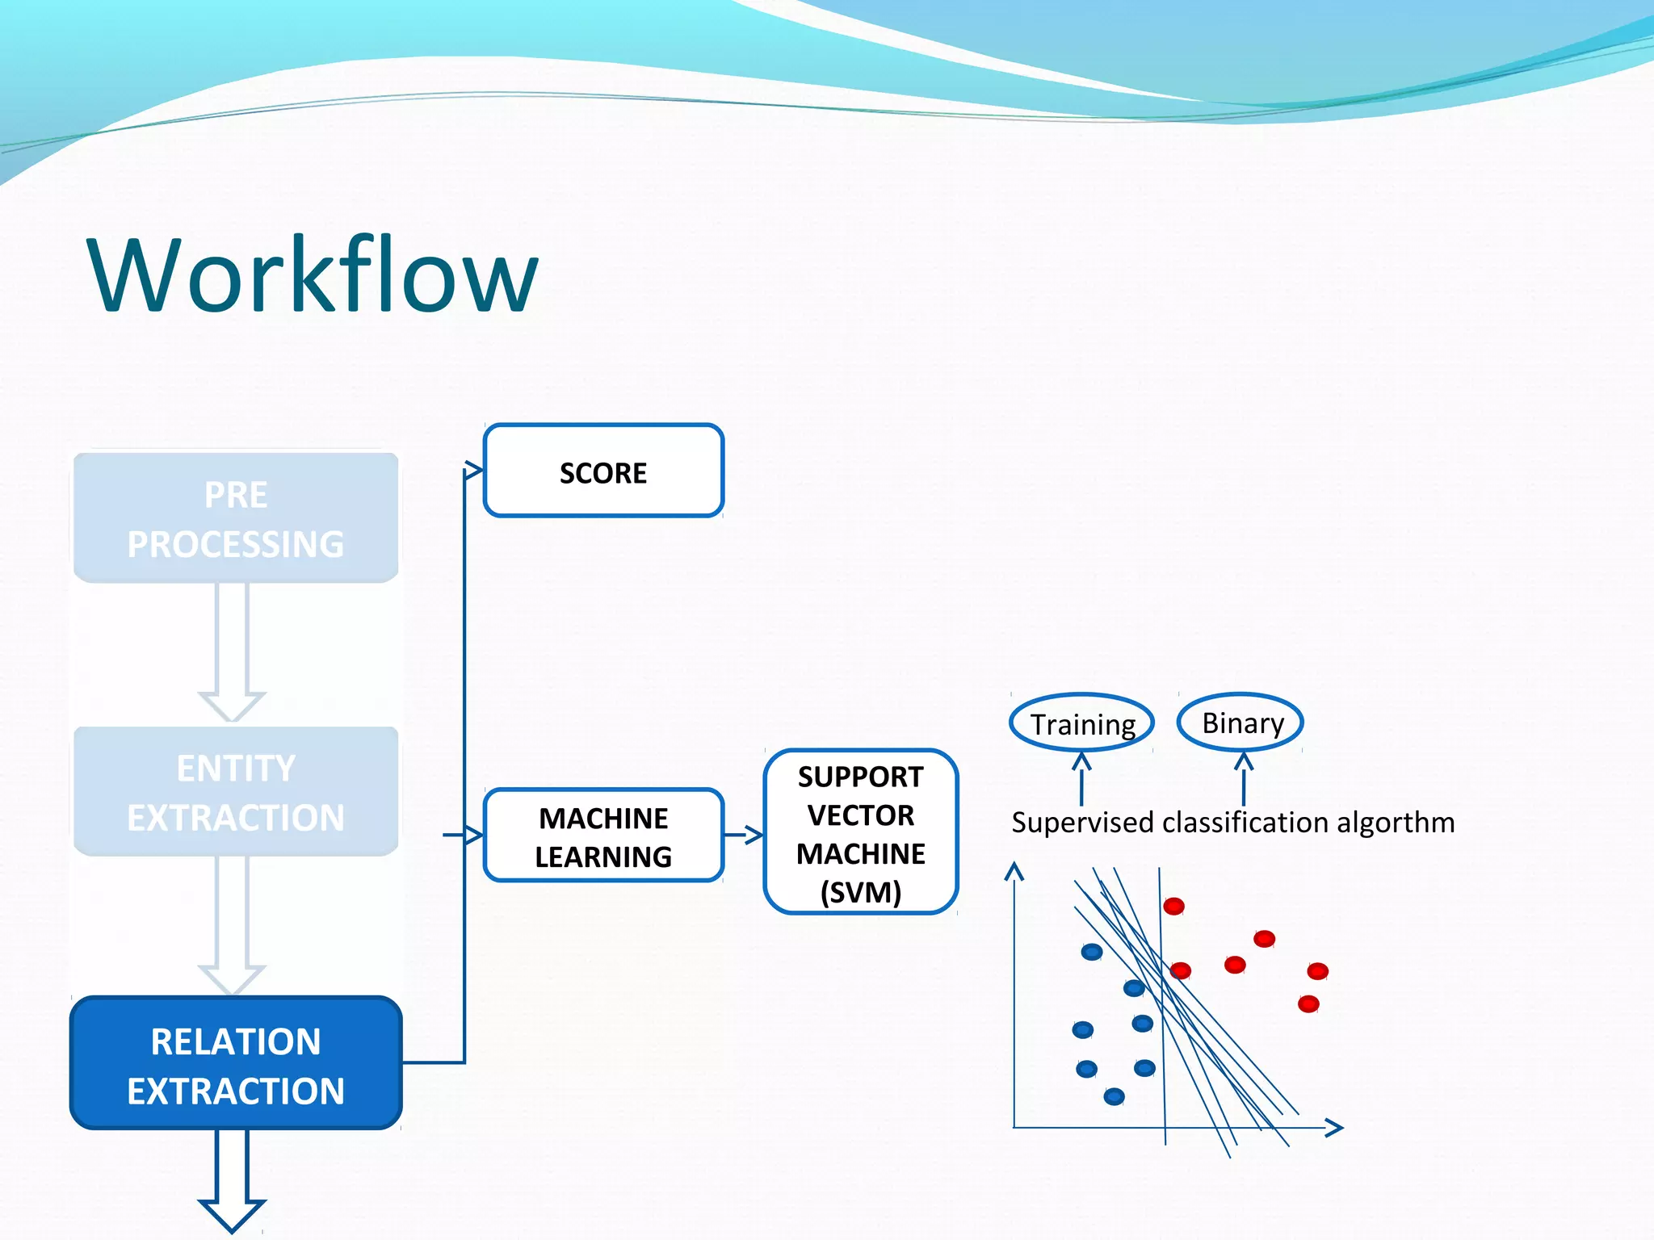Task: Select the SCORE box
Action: point(603,471)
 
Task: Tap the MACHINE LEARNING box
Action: point(603,836)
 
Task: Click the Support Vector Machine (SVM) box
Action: point(860,832)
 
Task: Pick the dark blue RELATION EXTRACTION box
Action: point(236,1063)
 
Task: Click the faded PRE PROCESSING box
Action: point(236,518)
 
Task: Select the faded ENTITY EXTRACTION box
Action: point(236,791)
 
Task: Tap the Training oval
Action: point(1082,723)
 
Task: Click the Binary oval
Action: point(1241,722)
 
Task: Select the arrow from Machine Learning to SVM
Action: point(744,835)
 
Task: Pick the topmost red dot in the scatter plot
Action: point(1173,906)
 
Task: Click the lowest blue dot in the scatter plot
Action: point(1114,1096)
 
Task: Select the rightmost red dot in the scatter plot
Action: point(1317,970)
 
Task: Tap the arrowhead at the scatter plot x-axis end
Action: point(1335,1128)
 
